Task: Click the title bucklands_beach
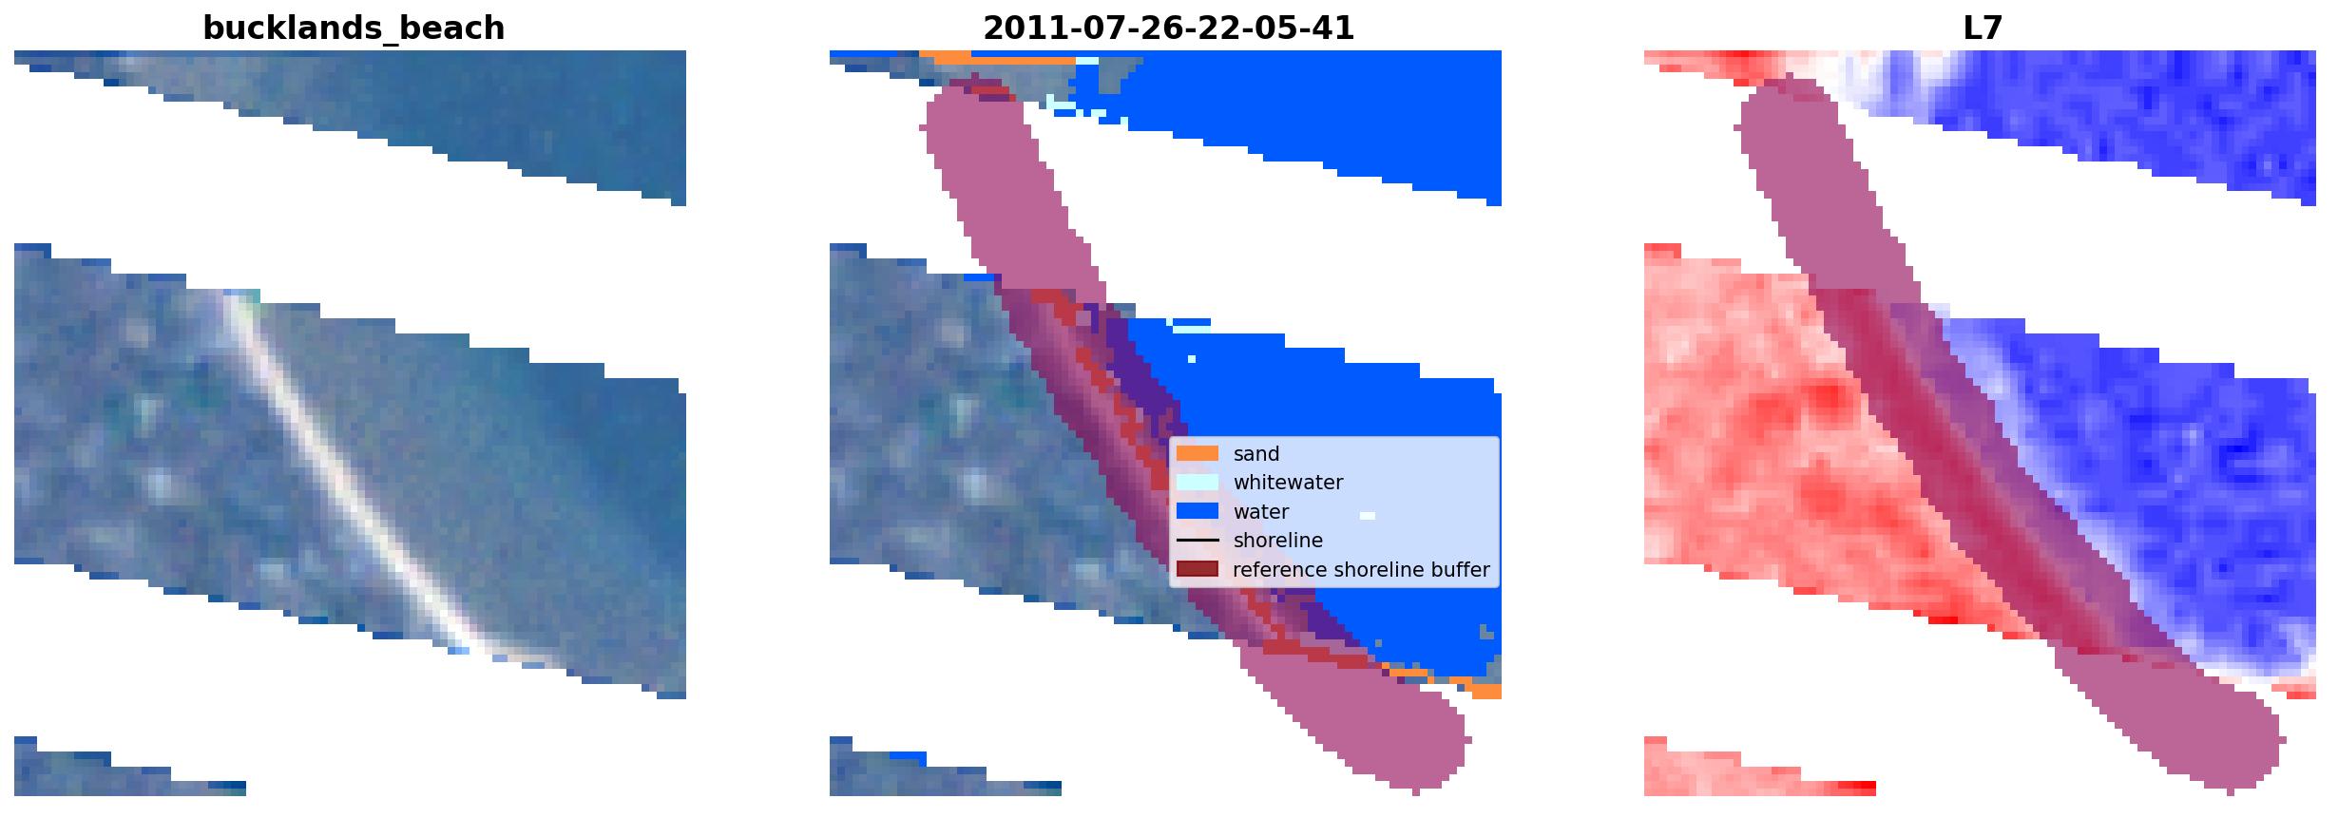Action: pyautogui.click(x=354, y=29)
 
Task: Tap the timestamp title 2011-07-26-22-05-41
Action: pyautogui.click(x=1168, y=29)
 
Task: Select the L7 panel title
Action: pyautogui.click(x=1983, y=29)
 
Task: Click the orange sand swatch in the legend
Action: pyautogui.click(x=1198, y=454)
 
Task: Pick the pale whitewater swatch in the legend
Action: pyautogui.click(x=1198, y=483)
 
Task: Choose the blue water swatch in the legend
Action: pyautogui.click(x=1198, y=512)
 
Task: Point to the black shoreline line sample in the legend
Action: pyautogui.click(x=1198, y=541)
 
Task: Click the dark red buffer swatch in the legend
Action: pyautogui.click(x=1198, y=570)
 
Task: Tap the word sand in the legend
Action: pyautogui.click(x=1256, y=454)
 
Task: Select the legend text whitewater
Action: pyautogui.click(x=1288, y=483)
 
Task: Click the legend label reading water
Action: pyautogui.click(x=1261, y=512)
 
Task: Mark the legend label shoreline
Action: pyautogui.click(x=1278, y=541)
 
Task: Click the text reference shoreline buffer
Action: pyautogui.click(x=1362, y=570)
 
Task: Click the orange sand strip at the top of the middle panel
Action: pyautogui.click(x=1003, y=58)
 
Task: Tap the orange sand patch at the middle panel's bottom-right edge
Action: pyautogui.click(x=1483, y=688)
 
